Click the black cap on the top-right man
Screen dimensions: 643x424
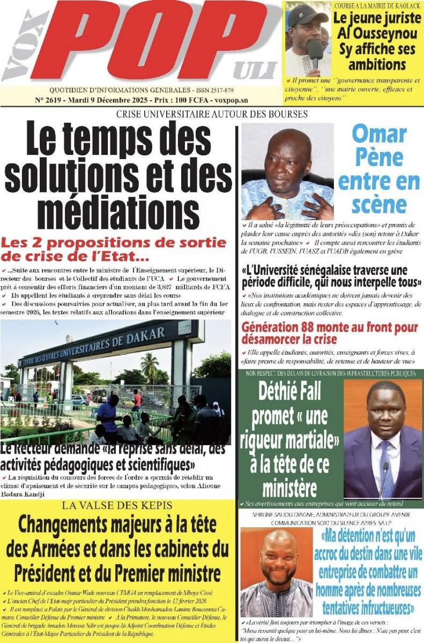[307, 15]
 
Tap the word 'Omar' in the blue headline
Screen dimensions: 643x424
[378, 134]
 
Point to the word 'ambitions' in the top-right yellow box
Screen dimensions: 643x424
[377, 65]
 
